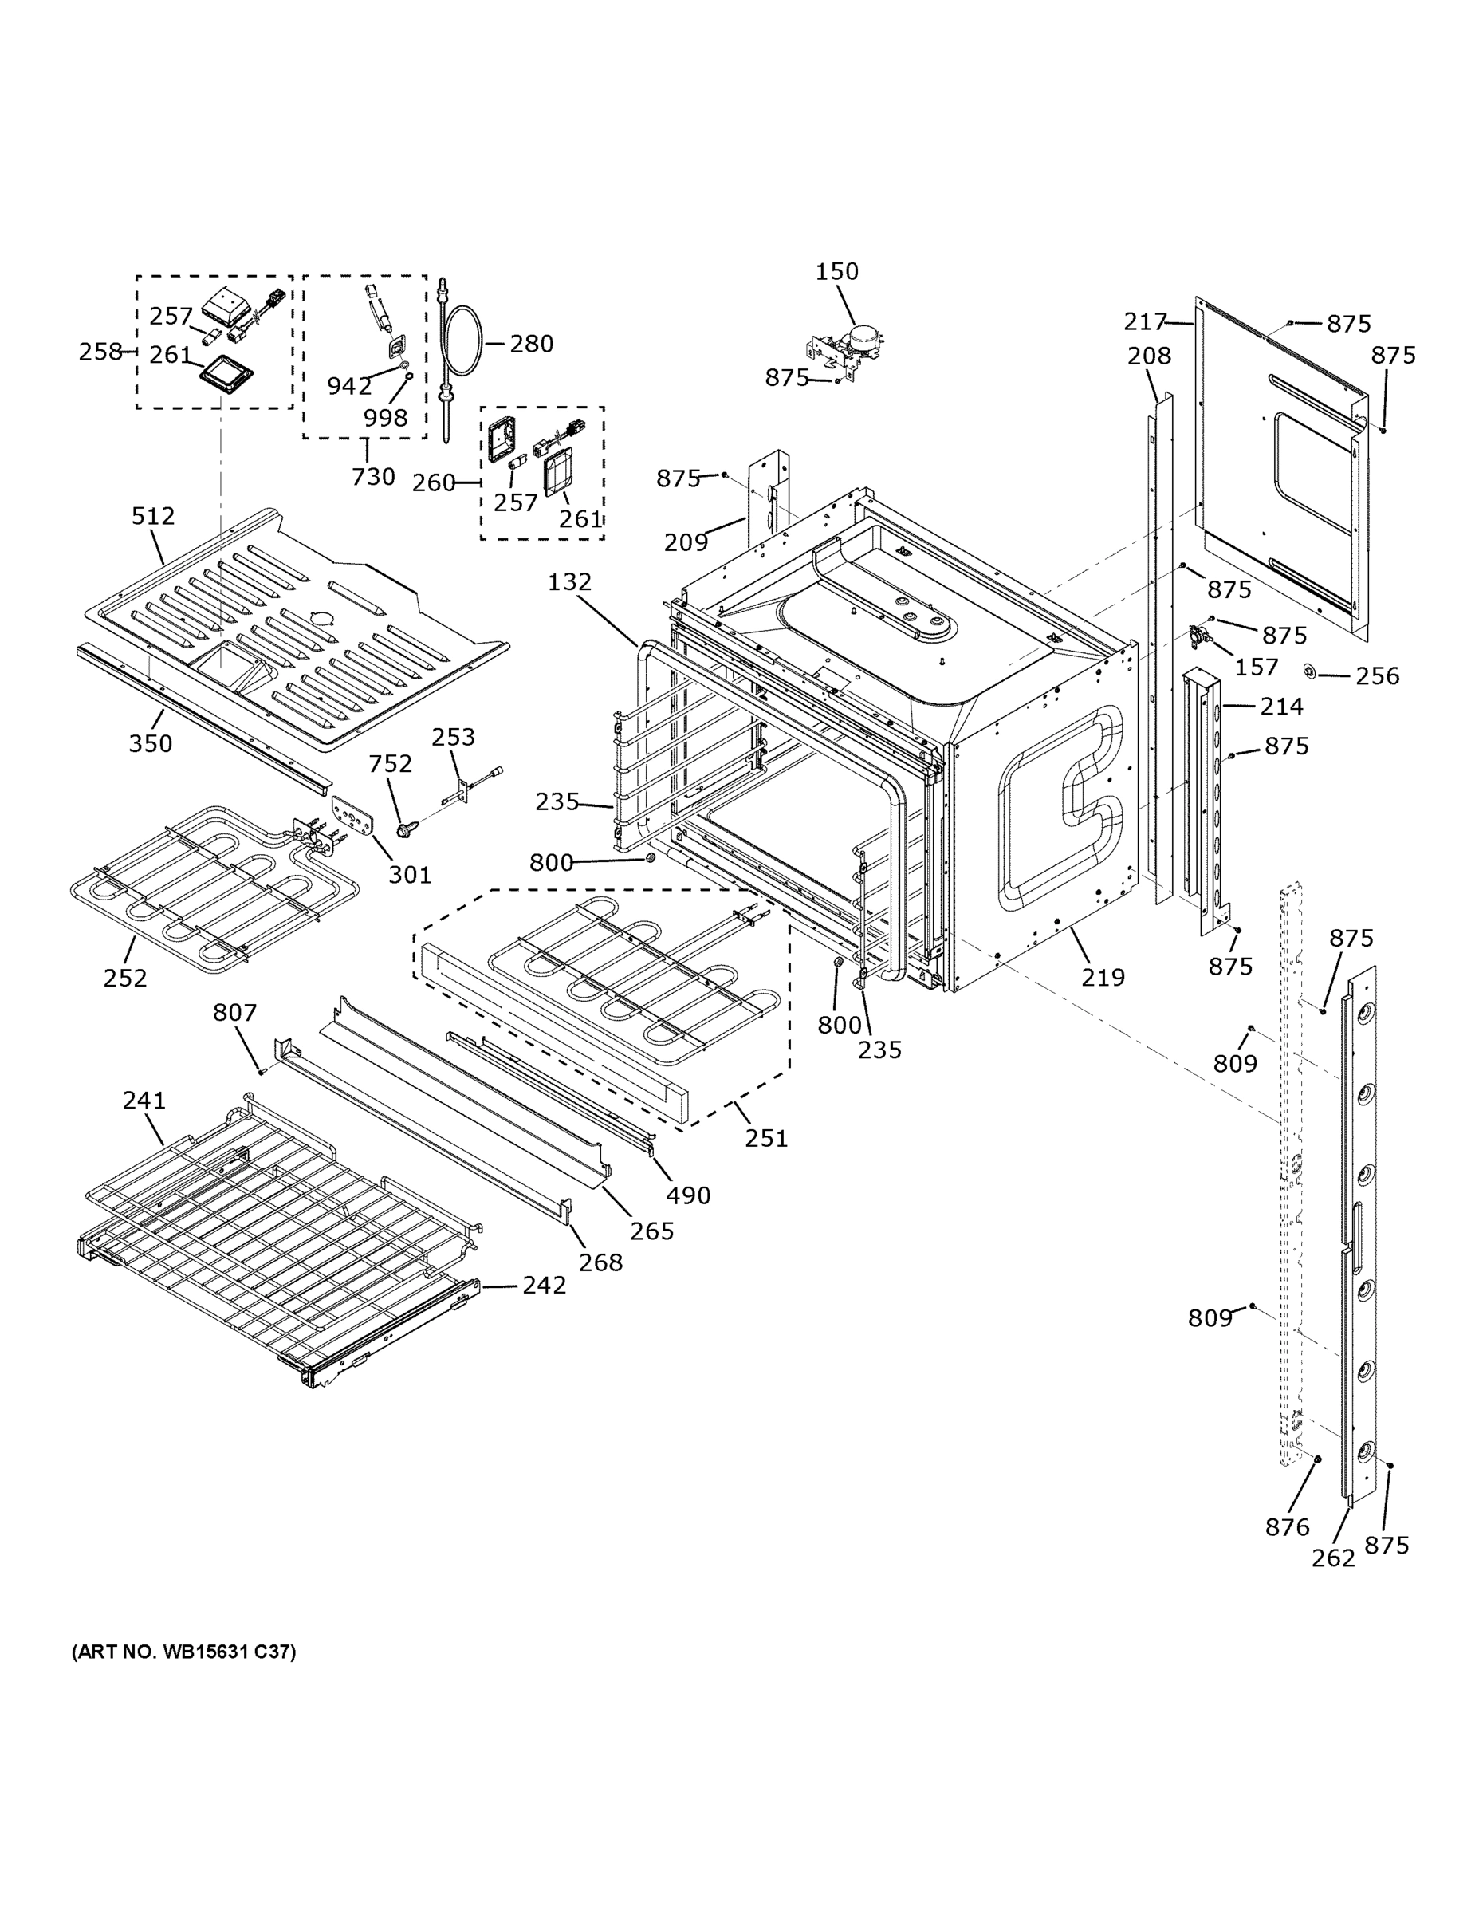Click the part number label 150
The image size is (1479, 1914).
pos(836,272)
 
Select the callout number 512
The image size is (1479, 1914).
pos(153,516)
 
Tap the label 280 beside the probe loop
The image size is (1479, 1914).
pos(531,344)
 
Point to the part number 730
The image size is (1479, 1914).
pos(373,477)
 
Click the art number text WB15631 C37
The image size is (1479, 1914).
pos(183,1651)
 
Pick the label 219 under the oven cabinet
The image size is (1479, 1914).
pos(1102,977)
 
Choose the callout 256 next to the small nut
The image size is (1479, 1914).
pos(1378,675)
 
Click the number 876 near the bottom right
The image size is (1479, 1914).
pos(1287,1526)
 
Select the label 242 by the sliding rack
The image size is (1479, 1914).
pos(544,1285)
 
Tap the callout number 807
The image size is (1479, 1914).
pos(235,1012)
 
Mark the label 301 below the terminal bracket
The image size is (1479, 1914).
pos(409,874)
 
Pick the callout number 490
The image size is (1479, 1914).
pos(688,1195)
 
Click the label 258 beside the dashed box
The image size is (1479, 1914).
pos(100,352)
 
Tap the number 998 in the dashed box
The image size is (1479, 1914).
pos(386,417)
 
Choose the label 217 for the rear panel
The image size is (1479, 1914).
pos(1146,322)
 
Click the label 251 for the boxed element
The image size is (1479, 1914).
pos(767,1137)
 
